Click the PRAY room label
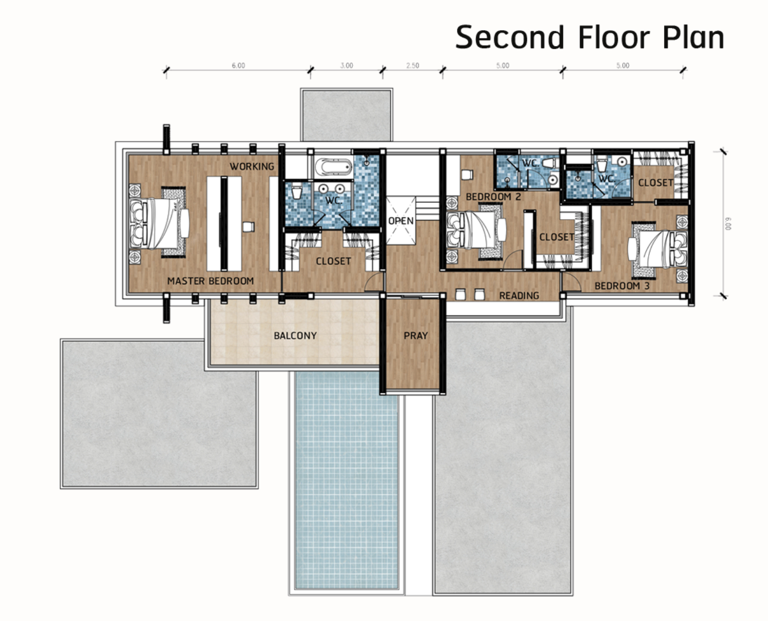coord(416,335)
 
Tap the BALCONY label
coord(295,335)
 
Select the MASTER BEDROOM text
coord(210,281)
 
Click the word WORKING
coord(252,166)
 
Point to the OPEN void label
coord(401,221)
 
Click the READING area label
coord(519,295)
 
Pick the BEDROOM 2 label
coord(493,197)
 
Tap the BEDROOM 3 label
coord(622,286)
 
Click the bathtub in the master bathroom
coord(333,167)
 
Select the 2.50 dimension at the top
coord(413,66)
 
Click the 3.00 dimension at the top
coord(347,66)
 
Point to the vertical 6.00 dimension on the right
coord(728,223)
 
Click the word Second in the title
coord(510,37)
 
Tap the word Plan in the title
coord(693,37)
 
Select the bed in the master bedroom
coord(159,223)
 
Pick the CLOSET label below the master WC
coord(333,261)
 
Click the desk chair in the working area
coord(248,227)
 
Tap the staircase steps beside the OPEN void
coord(428,208)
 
